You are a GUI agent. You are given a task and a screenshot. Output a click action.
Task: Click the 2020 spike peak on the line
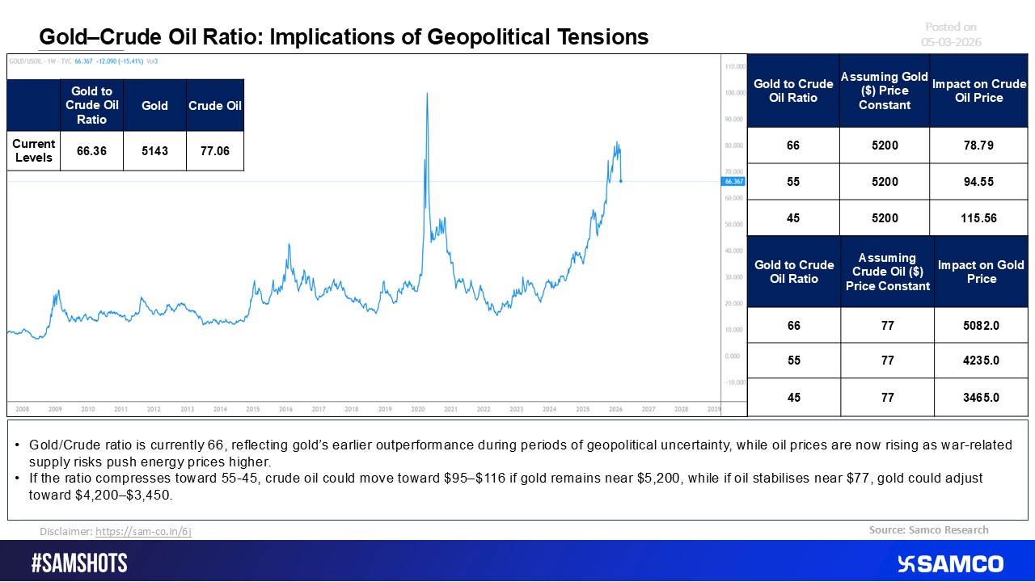coord(426,94)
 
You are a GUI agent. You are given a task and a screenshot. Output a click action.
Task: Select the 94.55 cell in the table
coord(978,182)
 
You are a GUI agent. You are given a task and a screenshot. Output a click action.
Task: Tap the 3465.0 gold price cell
coord(981,398)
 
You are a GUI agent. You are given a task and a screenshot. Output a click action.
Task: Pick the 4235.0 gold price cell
coord(981,361)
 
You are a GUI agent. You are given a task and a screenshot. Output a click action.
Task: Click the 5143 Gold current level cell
coord(154,151)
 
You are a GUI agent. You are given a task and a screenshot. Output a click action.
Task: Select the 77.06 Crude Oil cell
coord(214,151)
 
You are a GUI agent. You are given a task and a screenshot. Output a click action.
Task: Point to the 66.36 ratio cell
coord(91,151)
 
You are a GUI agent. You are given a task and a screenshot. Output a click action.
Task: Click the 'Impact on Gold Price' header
coord(981,272)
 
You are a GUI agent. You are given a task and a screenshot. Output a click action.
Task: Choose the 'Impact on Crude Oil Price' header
coord(978,91)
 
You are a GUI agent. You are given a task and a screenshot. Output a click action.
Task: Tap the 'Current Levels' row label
coord(34,151)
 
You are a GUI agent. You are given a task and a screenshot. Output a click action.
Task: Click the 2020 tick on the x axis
coord(417,410)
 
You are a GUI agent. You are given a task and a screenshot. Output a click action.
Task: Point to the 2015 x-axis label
coord(253,410)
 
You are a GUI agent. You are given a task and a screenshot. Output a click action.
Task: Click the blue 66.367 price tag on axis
coord(733,182)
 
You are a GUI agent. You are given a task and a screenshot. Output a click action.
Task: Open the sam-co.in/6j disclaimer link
coord(143,532)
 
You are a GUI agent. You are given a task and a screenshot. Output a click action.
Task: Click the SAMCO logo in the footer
coord(951,563)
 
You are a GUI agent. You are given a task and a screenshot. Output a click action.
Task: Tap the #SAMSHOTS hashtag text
coord(79,563)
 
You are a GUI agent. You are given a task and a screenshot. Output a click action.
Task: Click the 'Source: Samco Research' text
coord(928,530)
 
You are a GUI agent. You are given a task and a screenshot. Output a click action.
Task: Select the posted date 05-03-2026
coord(951,42)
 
